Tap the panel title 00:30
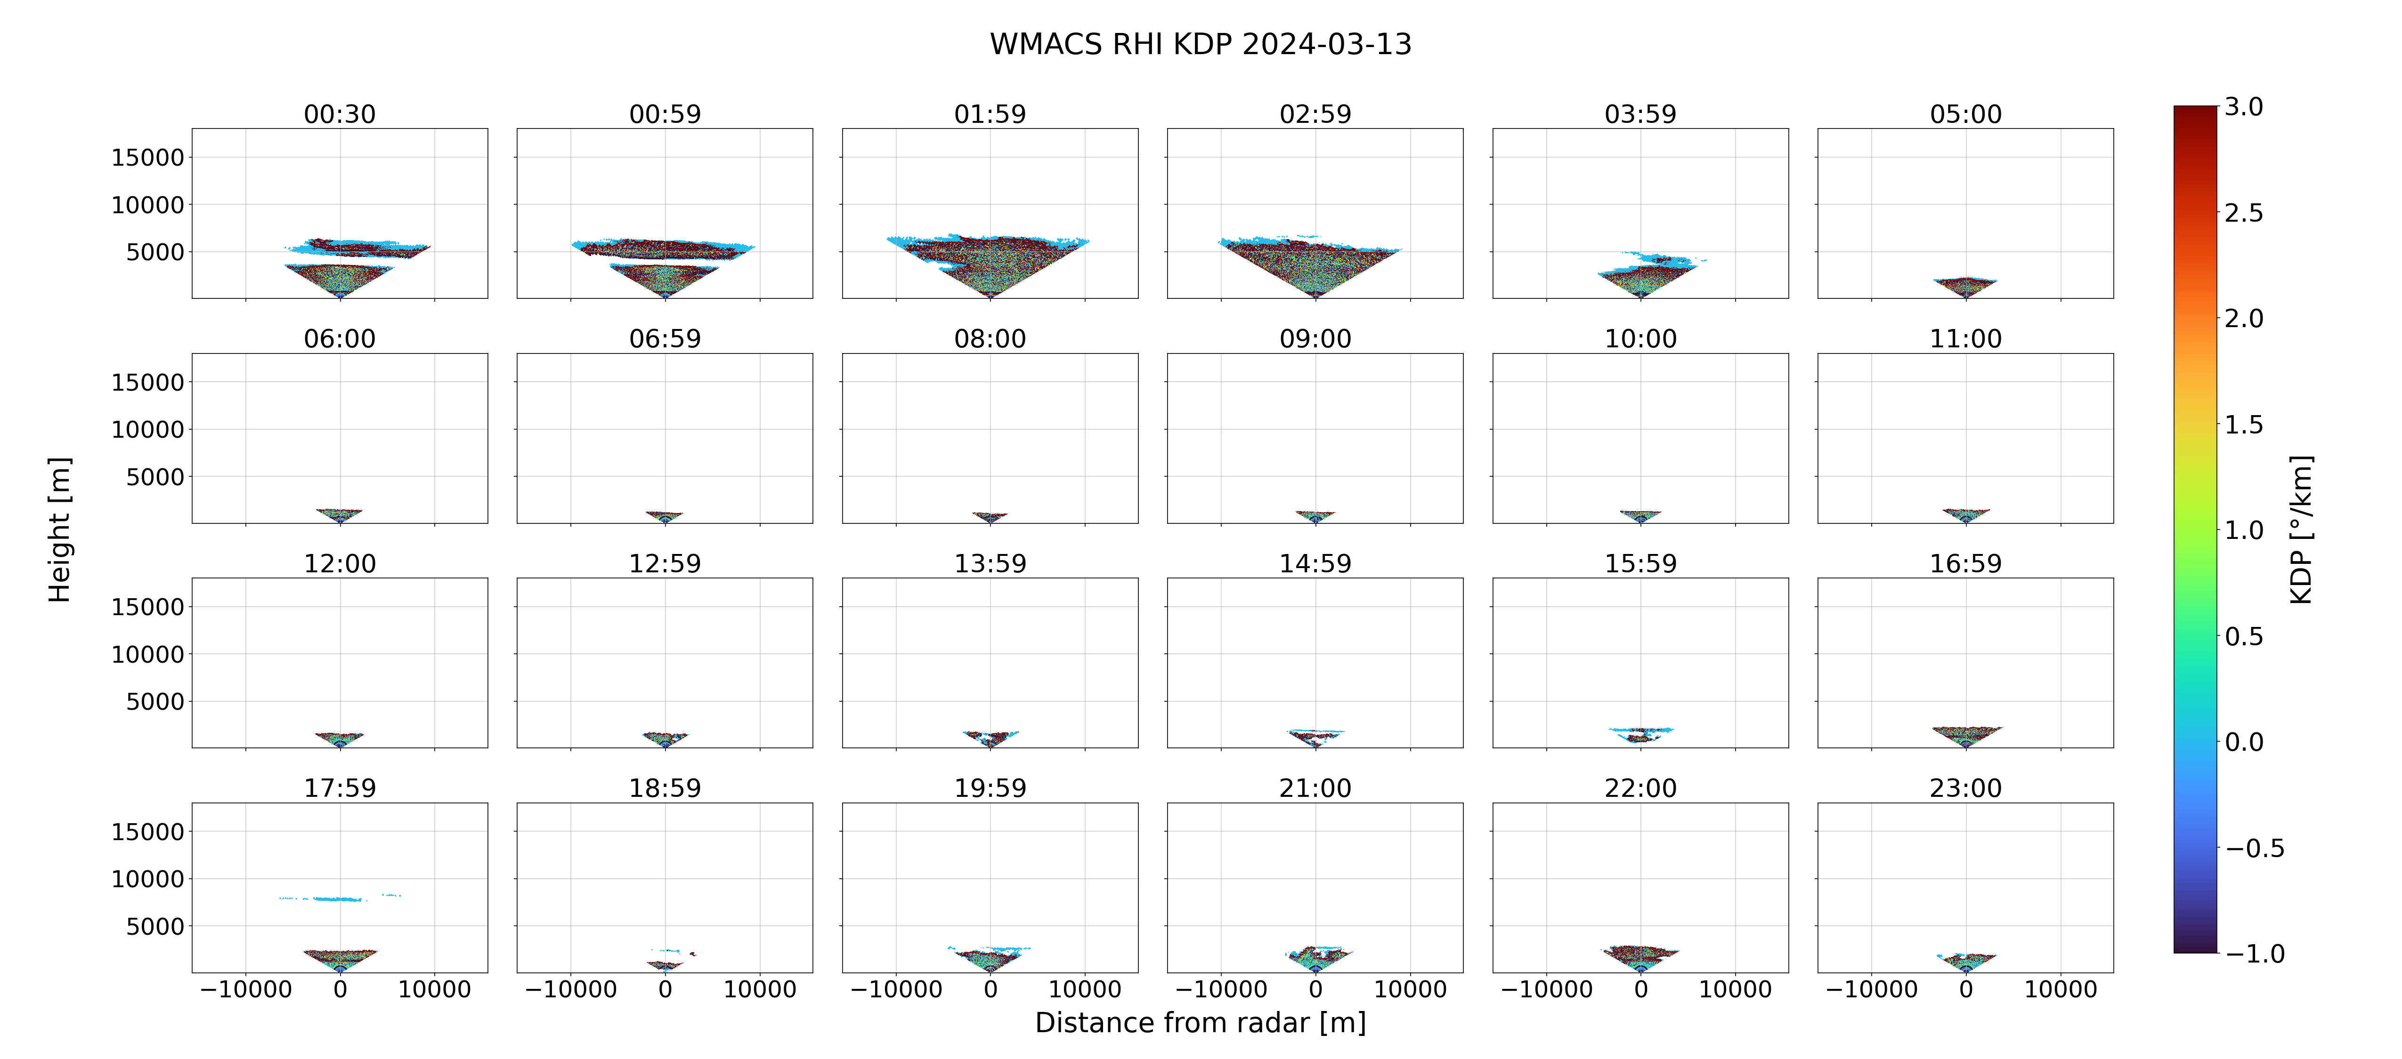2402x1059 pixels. pos(340,114)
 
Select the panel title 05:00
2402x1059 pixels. pos(1965,114)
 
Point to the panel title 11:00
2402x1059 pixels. pos(1965,338)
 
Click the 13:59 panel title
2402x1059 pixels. pos(990,563)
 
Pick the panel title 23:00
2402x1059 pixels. pos(1965,788)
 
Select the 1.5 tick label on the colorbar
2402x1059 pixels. pos(2243,424)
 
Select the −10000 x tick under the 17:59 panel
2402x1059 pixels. pos(246,989)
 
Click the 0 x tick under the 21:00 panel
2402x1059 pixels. pos(1316,989)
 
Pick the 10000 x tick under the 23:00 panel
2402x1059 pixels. pos(2061,989)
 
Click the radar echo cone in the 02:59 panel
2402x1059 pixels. pos(1310,265)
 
